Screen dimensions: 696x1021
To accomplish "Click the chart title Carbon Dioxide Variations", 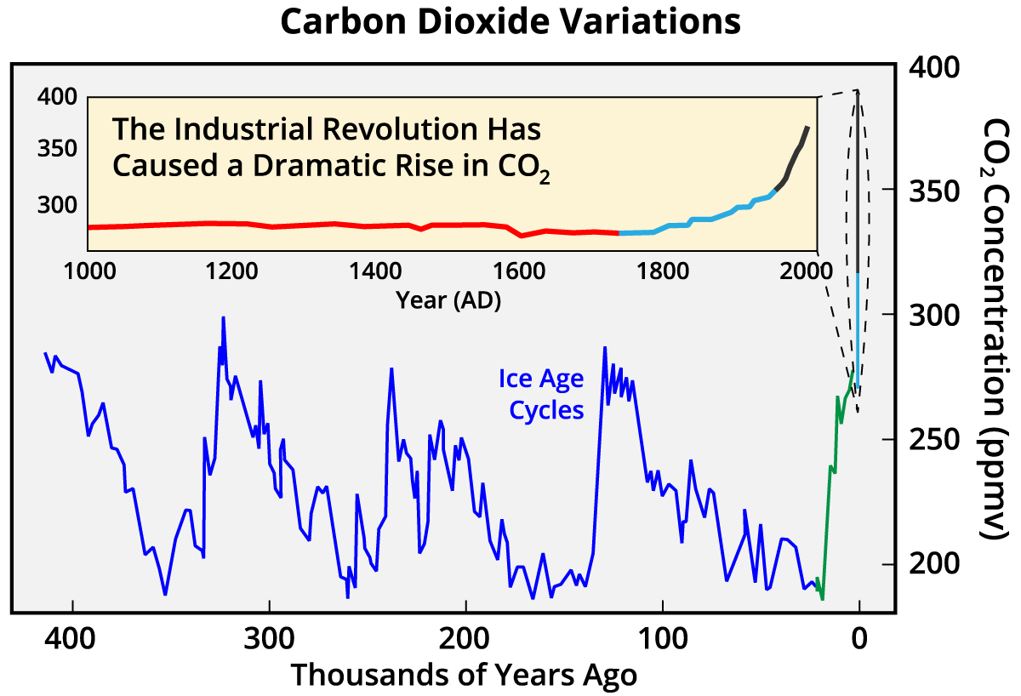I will point(510,22).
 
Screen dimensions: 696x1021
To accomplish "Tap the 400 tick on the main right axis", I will point(935,67).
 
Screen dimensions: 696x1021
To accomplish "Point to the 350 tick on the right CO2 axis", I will point(935,189).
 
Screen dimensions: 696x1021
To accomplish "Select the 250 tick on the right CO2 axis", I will point(935,439).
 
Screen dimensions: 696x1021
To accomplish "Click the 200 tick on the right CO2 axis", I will point(935,564).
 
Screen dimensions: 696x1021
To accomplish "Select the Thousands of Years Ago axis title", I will point(464,675).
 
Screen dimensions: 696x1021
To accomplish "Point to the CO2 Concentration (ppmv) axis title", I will point(993,328).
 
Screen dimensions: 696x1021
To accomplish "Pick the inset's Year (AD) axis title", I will point(448,300).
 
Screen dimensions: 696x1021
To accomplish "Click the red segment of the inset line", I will point(340,225).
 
